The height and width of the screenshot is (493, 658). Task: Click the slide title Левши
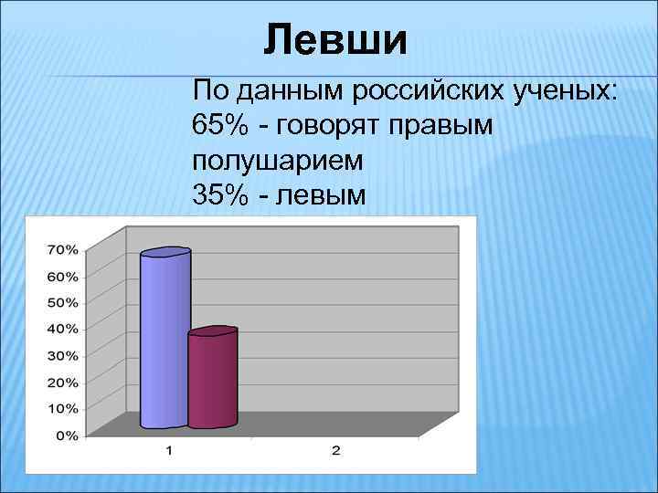(x=334, y=41)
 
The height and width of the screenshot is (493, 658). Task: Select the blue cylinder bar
(x=164, y=338)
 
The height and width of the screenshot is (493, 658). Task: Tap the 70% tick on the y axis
(x=62, y=249)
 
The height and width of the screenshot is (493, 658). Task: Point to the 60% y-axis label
(x=62, y=276)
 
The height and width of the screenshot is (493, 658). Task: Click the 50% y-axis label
(x=62, y=302)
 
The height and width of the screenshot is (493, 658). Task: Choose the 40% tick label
(x=62, y=329)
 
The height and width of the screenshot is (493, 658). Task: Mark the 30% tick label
(x=62, y=355)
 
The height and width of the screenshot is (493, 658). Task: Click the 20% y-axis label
(x=62, y=382)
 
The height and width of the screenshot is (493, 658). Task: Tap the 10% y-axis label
(x=62, y=408)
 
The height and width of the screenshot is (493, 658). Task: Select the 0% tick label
(x=66, y=435)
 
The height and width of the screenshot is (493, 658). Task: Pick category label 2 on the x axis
(x=335, y=450)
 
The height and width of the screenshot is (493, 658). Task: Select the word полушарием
(x=278, y=161)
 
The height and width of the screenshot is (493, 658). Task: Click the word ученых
(x=564, y=91)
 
